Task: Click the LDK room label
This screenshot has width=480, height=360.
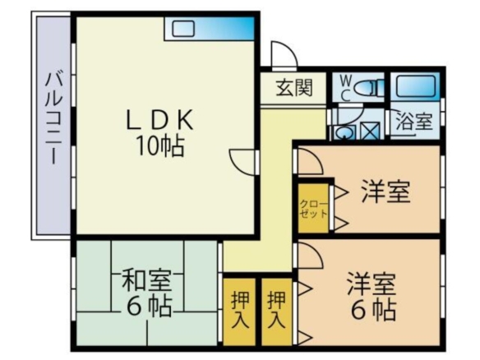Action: pos(159,119)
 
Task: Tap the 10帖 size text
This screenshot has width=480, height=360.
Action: pos(159,145)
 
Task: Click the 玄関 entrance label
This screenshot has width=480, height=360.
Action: pos(294,88)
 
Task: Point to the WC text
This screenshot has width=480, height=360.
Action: pos(345,89)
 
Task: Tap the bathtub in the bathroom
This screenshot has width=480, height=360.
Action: pos(415,86)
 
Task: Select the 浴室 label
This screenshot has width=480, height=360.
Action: pos(413,121)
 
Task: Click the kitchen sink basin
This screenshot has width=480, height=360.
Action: pos(183,29)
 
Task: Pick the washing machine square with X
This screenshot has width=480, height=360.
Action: pos(370,131)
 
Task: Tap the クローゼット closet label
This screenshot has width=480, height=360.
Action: pos(313,209)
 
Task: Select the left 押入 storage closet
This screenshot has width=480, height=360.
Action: pos(240,310)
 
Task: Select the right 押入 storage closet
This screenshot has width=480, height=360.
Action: pos(276,310)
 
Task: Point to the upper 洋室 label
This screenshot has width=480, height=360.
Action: pos(385,192)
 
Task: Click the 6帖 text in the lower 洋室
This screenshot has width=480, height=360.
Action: pos(373,310)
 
